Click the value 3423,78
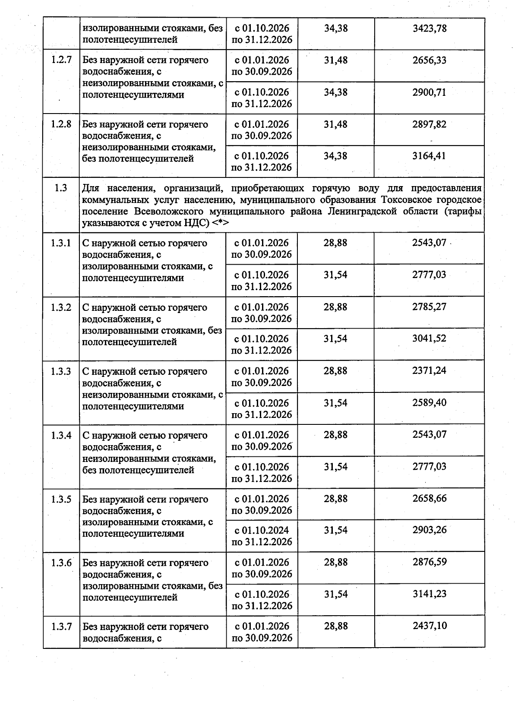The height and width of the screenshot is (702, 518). tap(430, 28)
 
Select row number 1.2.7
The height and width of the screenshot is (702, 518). tap(61, 60)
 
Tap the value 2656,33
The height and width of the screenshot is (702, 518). tap(430, 60)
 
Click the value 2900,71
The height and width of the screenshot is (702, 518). tap(430, 92)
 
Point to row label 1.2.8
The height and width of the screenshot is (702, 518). tap(61, 124)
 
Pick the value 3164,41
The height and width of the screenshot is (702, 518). tap(430, 156)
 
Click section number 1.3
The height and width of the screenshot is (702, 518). tap(61, 188)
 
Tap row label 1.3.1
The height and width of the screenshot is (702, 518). tap(61, 243)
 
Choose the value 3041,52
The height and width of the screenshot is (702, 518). tap(430, 338)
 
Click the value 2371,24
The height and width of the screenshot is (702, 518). tap(430, 370)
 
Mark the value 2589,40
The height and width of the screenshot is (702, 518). tap(430, 402)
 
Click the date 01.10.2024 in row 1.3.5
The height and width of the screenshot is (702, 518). tap(265, 530)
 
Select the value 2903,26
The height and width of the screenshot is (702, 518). tap(430, 530)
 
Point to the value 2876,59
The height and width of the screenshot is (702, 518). tap(430, 562)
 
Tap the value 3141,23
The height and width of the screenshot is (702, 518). tap(430, 594)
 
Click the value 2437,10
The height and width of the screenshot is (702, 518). tap(430, 626)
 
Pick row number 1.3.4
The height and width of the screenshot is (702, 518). tap(61, 435)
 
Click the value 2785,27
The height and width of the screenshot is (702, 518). tap(430, 307)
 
